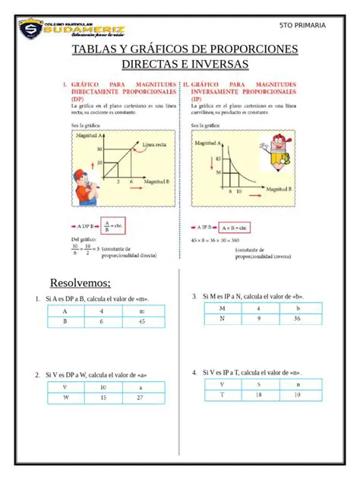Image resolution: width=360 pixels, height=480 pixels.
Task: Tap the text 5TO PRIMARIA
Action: click(302, 25)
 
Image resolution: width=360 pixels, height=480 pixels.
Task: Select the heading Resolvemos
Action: click(81, 283)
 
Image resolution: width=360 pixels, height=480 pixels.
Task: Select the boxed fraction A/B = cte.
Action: click(112, 226)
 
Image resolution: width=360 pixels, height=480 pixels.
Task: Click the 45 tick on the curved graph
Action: click(218, 159)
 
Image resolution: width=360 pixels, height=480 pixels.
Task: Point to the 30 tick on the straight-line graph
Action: click(99, 150)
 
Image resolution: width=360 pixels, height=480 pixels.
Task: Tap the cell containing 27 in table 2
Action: click(140, 397)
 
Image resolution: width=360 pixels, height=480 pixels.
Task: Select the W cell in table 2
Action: click(65, 397)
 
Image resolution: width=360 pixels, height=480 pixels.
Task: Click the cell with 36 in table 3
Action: click(297, 319)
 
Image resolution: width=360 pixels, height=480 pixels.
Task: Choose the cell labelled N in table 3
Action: click(222, 319)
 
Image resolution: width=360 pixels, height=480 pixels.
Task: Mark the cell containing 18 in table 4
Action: click(258, 395)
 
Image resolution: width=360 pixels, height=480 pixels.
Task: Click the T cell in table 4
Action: click(222, 395)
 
